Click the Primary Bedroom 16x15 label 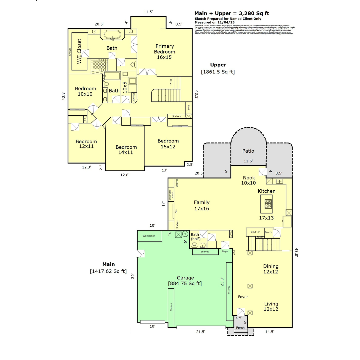pyautogui.click(x=164, y=52)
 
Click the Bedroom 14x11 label pyautogui.click(x=126, y=150)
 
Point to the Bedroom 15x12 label pyautogui.click(x=168, y=144)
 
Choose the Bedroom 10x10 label pyautogui.click(x=85, y=91)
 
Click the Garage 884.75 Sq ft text pyautogui.click(x=185, y=281)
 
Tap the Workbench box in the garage pyautogui.click(x=149, y=236)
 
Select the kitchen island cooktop pyautogui.click(x=268, y=203)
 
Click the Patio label pyautogui.click(x=248, y=151)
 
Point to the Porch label pyautogui.click(x=240, y=328)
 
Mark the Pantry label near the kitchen pyautogui.click(x=268, y=232)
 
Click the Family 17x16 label pyautogui.click(x=202, y=205)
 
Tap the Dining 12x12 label pyautogui.click(x=271, y=269)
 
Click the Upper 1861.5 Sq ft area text pyautogui.click(x=218, y=68)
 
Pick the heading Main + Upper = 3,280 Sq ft pyautogui.click(x=232, y=13)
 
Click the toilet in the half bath pyautogui.click(x=194, y=244)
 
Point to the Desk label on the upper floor pyautogui.click(x=188, y=107)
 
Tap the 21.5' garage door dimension pyautogui.click(x=201, y=332)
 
